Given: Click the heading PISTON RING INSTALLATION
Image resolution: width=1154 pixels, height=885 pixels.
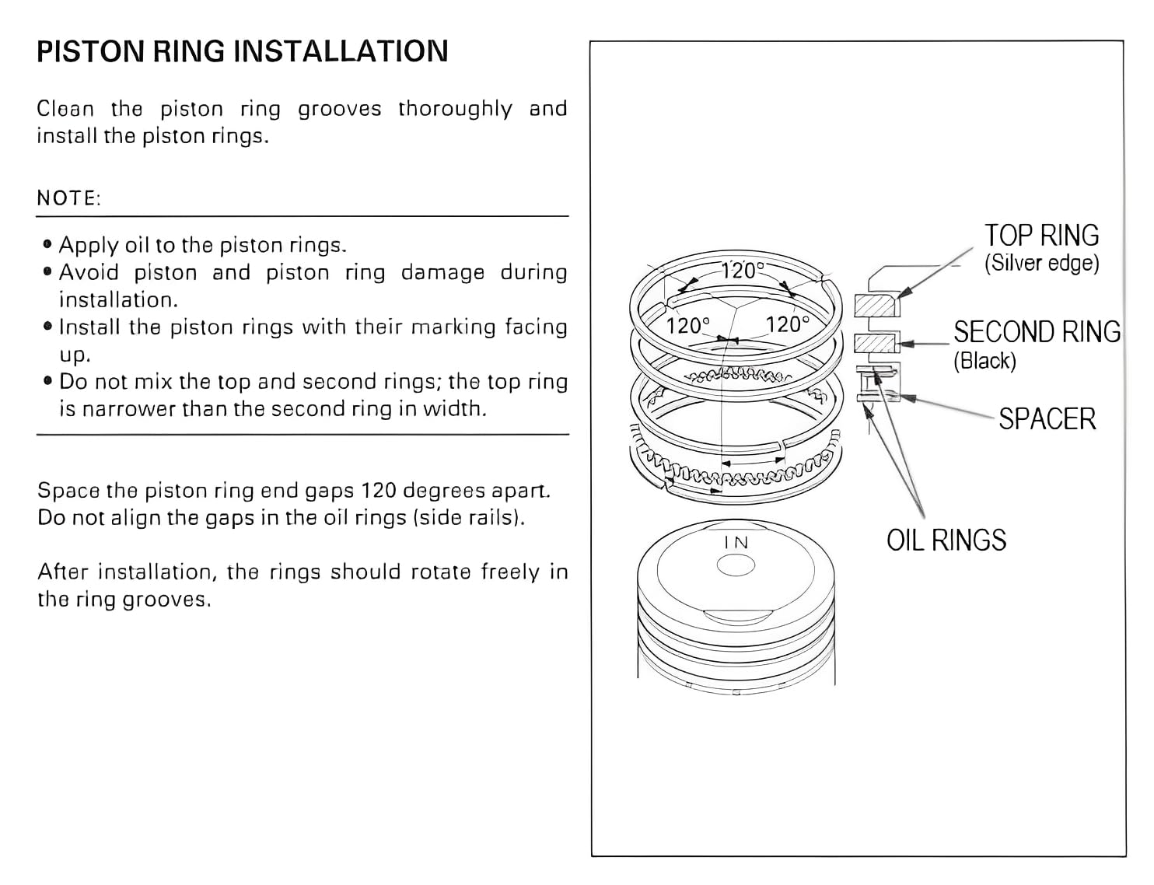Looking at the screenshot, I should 242,51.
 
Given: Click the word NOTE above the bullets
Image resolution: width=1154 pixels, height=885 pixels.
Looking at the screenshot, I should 68,198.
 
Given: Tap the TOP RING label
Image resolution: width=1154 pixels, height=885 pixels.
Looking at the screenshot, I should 1041,236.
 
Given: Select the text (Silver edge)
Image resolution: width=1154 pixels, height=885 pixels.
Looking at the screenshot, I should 1041,264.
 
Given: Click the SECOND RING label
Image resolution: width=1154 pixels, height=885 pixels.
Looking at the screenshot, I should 1037,332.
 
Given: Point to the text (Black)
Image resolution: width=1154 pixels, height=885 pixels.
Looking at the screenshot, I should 984,361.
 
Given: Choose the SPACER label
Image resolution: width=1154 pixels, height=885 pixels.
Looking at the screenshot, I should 1047,419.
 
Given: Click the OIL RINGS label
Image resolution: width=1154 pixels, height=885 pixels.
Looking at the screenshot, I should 946,540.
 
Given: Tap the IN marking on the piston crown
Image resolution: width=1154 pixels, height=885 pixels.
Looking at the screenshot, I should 736,543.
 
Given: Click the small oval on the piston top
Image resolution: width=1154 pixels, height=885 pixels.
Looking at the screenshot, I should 736,566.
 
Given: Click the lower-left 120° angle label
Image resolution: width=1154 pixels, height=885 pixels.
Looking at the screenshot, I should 687,325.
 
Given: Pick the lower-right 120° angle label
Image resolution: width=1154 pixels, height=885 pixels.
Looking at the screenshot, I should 787,324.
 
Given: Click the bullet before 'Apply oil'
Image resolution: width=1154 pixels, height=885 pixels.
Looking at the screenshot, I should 48,245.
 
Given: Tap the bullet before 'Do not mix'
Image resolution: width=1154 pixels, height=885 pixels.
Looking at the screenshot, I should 48,382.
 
